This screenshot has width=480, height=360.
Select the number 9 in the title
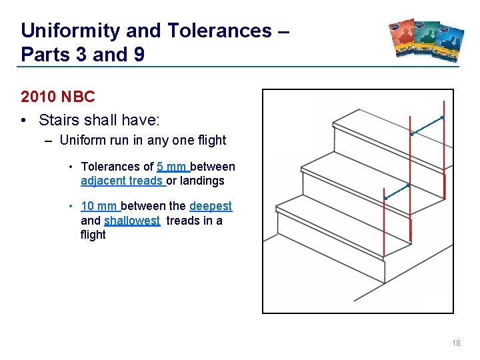[139, 55]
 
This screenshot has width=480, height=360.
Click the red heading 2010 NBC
[58, 97]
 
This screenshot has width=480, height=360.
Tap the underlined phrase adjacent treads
[122, 181]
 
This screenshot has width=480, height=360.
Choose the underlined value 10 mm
[99, 207]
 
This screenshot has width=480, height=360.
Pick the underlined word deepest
[211, 207]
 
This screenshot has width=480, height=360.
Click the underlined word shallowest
[132, 221]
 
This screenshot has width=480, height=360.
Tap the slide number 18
[456, 343]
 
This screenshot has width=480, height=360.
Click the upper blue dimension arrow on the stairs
[427, 125]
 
